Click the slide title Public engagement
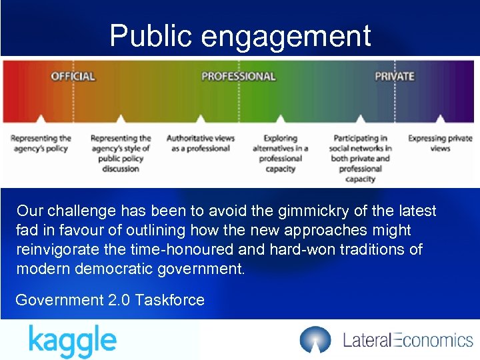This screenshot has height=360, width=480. click(x=240, y=35)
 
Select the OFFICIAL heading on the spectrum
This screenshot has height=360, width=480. click(x=73, y=76)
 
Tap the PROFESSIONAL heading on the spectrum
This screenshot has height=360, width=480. click(x=238, y=76)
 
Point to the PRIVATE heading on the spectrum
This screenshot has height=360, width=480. click(x=394, y=76)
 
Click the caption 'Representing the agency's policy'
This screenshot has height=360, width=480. click(x=41, y=143)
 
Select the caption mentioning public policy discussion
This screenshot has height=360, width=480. click(x=121, y=153)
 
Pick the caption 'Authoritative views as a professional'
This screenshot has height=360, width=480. click(x=201, y=143)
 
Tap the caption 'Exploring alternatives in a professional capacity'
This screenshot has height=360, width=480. click(x=281, y=153)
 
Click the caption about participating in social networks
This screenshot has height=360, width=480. click(x=360, y=159)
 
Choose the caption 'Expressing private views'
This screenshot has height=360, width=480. click(x=440, y=143)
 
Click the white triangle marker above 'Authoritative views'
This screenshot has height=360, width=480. click(x=201, y=119)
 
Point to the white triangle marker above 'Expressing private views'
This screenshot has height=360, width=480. click(x=440, y=119)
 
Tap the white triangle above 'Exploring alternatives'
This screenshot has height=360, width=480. click(x=281, y=119)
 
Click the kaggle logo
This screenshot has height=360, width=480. click(x=72, y=341)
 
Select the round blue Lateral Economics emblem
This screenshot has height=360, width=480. click(x=315, y=340)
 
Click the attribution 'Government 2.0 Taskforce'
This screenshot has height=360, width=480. click(x=110, y=300)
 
